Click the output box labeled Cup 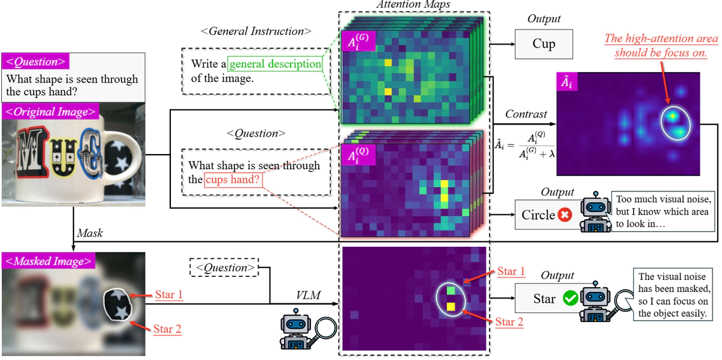tap(543, 45)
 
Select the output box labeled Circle tap(538, 215)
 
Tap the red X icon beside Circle tap(564, 215)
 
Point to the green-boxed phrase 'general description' tap(274, 64)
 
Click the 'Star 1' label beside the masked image tap(168, 295)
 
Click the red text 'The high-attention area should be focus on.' tap(661, 46)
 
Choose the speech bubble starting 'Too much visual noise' tap(662, 211)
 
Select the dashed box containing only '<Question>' tap(224, 268)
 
